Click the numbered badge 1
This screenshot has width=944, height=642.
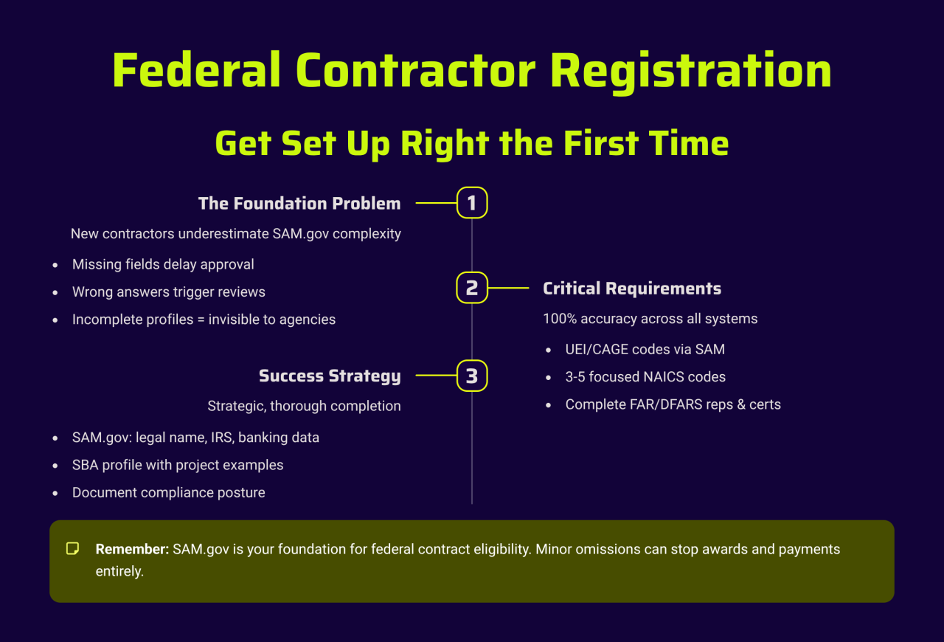472,203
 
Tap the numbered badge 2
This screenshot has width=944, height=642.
472,288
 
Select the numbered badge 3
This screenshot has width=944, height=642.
472,376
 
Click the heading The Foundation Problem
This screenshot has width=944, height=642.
299,204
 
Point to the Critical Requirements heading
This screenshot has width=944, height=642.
632,289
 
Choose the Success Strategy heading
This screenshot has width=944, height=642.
330,376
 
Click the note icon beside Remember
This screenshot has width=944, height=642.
72,549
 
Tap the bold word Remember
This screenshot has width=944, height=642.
132,549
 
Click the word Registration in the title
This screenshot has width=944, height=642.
691,71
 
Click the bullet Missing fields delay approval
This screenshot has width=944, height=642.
163,264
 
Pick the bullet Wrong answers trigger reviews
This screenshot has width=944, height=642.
169,292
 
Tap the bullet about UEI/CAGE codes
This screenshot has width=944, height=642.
645,349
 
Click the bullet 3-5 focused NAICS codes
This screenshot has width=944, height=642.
645,376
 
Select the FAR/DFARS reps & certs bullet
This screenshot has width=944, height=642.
673,404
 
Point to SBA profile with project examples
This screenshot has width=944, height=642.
178,465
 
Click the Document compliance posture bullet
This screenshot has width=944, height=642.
169,493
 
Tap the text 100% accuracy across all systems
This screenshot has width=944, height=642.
650,319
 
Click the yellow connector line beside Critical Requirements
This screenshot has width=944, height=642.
508,288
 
